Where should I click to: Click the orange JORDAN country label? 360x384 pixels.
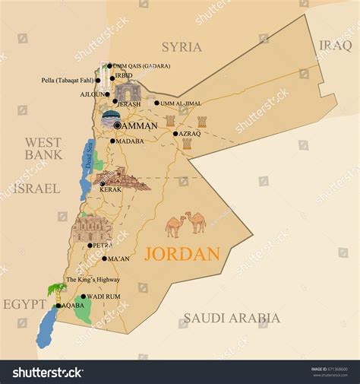[182, 254]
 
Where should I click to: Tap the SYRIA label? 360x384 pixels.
[182, 47]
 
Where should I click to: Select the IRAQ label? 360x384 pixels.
[334, 45]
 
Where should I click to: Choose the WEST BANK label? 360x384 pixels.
[43, 148]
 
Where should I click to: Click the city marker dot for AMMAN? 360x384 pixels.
[117, 125]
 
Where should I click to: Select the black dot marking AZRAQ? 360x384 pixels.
[175, 134]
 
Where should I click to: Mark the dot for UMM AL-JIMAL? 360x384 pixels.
[157, 103]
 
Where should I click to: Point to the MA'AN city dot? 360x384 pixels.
[104, 259]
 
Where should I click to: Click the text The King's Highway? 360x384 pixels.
[93, 280]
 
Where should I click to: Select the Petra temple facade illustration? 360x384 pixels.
[92, 228]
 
